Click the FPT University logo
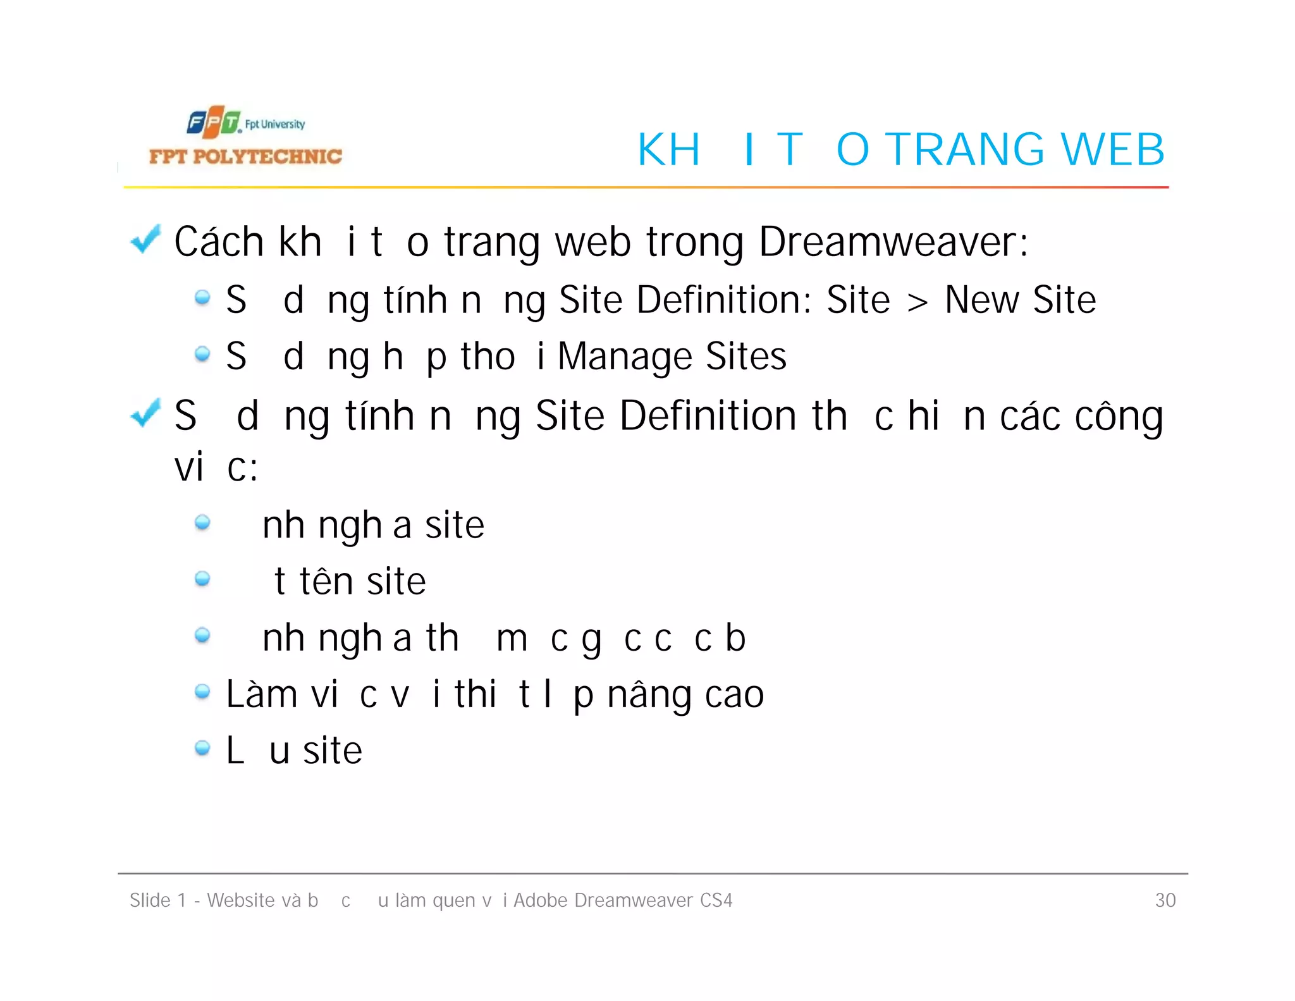tap(245, 123)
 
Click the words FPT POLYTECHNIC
tap(245, 156)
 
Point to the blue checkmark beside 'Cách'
tap(145, 240)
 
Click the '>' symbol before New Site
tap(918, 302)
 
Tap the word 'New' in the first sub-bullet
tap(982, 300)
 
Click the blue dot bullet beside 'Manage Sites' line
tap(202, 354)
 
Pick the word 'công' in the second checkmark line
tap(1119, 417)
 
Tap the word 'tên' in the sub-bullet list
tap(326, 581)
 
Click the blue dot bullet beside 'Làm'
tap(202, 692)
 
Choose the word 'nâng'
tap(649, 695)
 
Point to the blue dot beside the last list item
tap(202, 748)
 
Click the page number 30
tap(1165, 900)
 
